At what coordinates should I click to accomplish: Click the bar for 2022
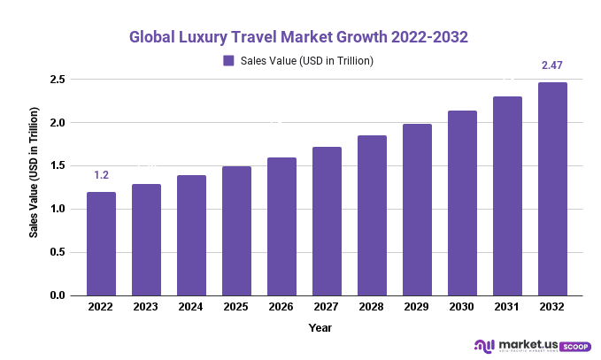click(101, 243)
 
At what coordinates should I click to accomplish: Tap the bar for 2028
click(372, 215)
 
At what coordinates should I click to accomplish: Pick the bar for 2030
click(462, 203)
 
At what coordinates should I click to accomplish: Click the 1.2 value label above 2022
click(101, 175)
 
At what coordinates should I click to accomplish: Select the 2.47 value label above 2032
click(552, 65)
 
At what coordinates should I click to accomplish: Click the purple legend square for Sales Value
click(228, 61)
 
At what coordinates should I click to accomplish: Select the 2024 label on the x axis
click(191, 307)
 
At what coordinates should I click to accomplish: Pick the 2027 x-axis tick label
click(327, 307)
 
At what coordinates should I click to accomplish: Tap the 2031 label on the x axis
click(507, 307)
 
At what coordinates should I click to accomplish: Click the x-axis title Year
click(320, 327)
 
